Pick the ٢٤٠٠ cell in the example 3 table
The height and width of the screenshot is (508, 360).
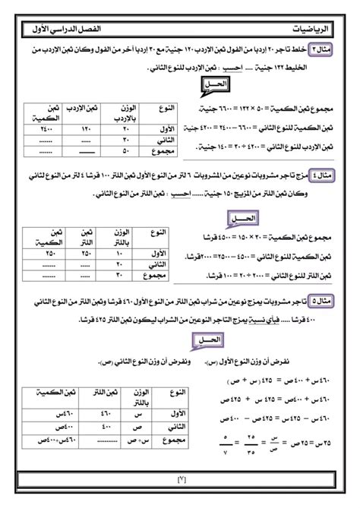click(40, 129)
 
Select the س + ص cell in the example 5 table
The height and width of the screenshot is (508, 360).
click(121, 439)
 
